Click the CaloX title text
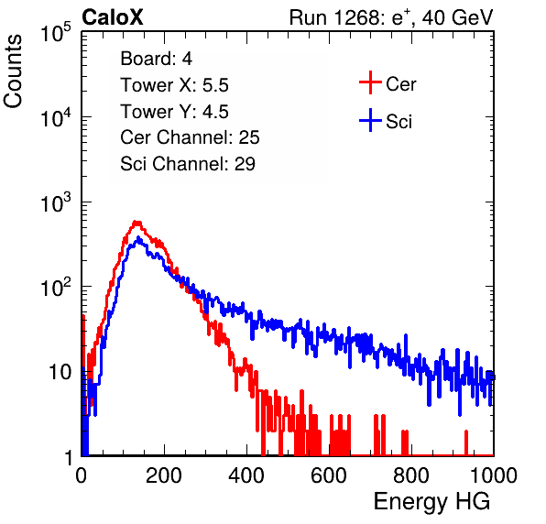coord(113,17)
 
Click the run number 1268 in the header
coord(355,17)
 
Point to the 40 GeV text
coord(457,17)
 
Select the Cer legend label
coord(400,84)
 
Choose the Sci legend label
coord(399,122)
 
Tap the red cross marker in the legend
coord(370,82)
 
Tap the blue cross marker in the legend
coord(370,120)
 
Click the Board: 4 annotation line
coord(156,59)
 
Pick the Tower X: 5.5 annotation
coord(174,85)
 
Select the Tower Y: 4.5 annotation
coord(174,112)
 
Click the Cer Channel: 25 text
coord(190,137)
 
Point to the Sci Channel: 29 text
coord(188,164)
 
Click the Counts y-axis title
coord(13,71)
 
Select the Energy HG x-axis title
coord(431,502)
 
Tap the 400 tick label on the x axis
coord(246,475)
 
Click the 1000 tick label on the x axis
coord(494,475)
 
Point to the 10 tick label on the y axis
coord(60,372)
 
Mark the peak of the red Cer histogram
coord(137,222)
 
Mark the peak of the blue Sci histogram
coord(138,238)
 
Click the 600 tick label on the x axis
coord(329,475)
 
